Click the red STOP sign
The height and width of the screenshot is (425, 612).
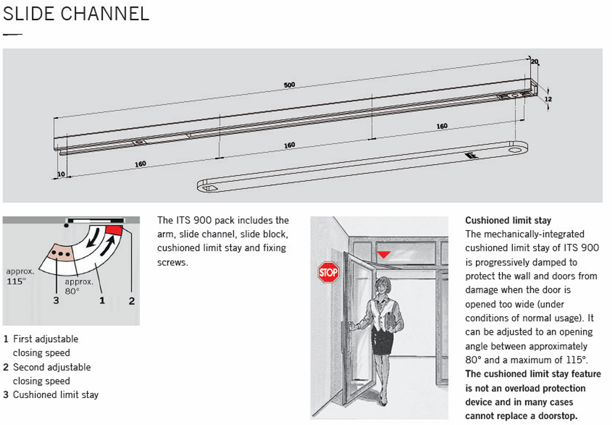(328, 272)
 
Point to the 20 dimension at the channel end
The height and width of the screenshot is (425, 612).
(534, 61)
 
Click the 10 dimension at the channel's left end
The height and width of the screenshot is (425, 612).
(61, 174)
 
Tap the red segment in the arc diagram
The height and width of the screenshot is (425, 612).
(115, 230)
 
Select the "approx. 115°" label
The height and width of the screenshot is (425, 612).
(16, 276)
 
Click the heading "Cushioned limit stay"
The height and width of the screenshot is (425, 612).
(508, 221)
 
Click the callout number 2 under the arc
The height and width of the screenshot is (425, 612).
(132, 301)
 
